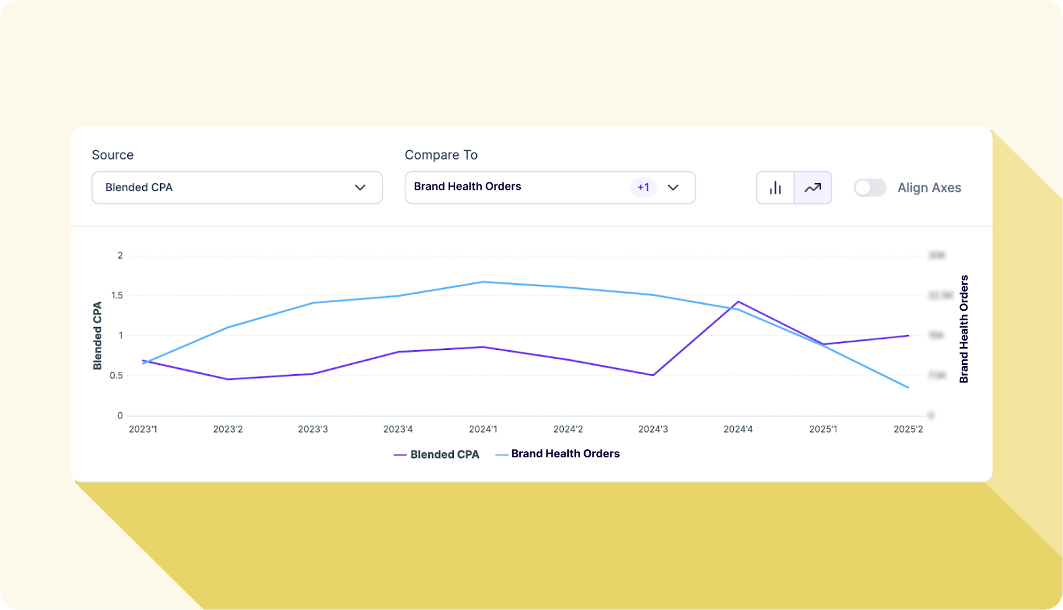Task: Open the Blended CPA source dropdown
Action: pyautogui.click(x=237, y=187)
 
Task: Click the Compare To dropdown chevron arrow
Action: pyautogui.click(x=673, y=187)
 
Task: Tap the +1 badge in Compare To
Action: pyautogui.click(x=643, y=187)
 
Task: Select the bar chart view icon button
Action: pyautogui.click(x=776, y=187)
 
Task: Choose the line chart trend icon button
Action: pyautogui.click(x=813, y=187)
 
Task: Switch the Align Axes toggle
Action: pyautogui.click(x=869, y=187)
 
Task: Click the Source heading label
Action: pyautogui.click(x=112, y=155)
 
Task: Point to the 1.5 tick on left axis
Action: pyautogui.click(x=117, y=295)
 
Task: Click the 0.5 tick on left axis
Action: pyautogui.click(x=117, y=375)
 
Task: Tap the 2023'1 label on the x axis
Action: pyautogui.click(x=143, y=429)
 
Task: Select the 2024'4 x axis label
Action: pyautogui.click(x=738, y=429)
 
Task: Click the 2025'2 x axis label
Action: pyautogui.click(x=908, y=429)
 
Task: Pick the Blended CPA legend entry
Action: pyautogui.click(x=437, y=455)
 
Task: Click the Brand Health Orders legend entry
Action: pyautogui.click(x=558, y=454)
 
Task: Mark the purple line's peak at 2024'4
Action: pyautogui.click(x=738, y=302)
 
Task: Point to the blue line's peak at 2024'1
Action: pyautogui.click(x=483, y=282)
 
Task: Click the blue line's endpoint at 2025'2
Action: pyautogui.click(x=908, y=388)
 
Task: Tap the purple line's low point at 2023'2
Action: pyautogui.click(x=228, y=379)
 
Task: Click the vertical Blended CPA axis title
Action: pyautogui.click(x=97, y=336)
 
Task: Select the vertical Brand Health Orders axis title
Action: pyautogui.click(x=964, y=329)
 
